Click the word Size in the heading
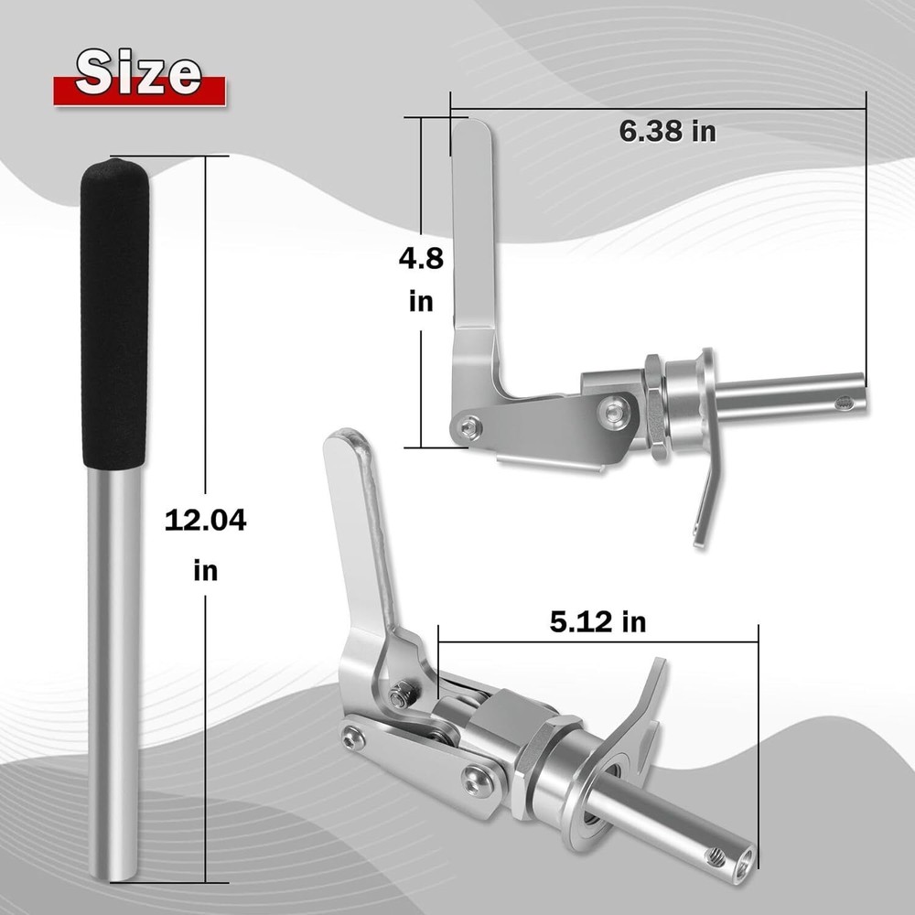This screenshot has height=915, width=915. point(139,73)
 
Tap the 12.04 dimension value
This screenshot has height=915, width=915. point(205,520)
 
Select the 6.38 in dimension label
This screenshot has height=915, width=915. point(668,131)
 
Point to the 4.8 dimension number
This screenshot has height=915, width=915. point(421,258)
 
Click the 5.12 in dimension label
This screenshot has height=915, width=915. point(598,622)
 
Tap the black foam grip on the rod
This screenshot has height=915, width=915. point(114,313)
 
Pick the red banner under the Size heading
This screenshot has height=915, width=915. point(139,91)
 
